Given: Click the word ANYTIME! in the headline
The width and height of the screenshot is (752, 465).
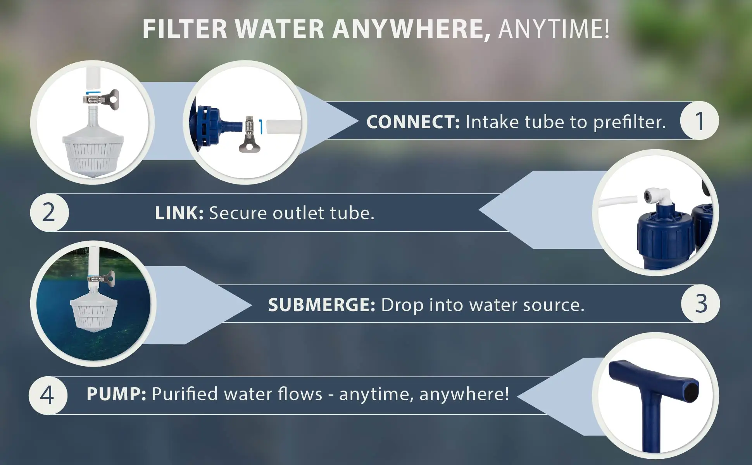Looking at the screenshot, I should pos(554,29).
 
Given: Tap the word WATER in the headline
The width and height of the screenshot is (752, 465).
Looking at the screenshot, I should pos(279,29).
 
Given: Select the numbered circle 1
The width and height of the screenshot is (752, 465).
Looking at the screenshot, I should pos(699,121).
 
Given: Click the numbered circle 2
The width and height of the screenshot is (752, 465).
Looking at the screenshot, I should pos(49,213).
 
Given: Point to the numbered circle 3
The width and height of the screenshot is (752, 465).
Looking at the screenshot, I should pos(700,304).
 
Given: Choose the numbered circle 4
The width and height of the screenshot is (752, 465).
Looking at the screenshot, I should pos(48,395).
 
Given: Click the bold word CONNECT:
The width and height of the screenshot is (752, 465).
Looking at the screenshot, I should pos(413,122).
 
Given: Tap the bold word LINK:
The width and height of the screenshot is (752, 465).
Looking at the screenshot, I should pos(179,213).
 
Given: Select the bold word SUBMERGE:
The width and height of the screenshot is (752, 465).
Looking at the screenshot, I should pos(321,305).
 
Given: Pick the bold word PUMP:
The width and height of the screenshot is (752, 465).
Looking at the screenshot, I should pos(116,394).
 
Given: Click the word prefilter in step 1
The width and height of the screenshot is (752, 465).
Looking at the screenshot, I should pos(629,122).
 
